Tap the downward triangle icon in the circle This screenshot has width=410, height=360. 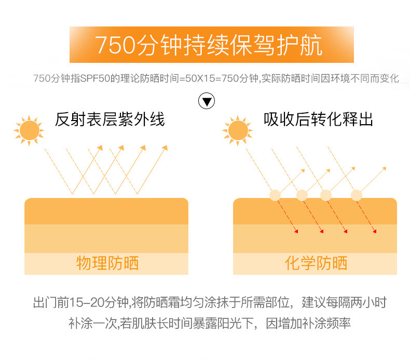click(x=207, y=101)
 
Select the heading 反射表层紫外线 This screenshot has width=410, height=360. click(x=110, y=120)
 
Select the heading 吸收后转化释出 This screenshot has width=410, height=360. click(x=318, y=120)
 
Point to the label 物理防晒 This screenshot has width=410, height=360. click(x=107, y=263)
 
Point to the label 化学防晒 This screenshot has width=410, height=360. click(x=316, y=263)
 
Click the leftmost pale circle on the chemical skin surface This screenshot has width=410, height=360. click(x=275, y=195)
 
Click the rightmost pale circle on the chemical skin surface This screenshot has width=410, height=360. click(x=356, y=195)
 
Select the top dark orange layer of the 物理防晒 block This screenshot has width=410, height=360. click(x=106, y=211)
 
